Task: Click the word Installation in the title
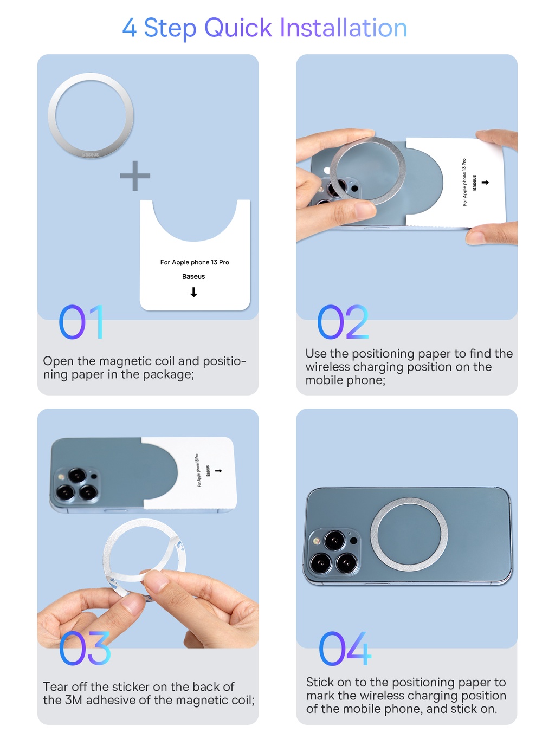(x=343, y=28)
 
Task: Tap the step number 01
(x=81, y=322)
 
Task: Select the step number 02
(x=343, y=322)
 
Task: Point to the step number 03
(x=85, y=649)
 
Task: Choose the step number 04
(x=345, y=649)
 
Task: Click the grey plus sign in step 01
(x=135, y=176)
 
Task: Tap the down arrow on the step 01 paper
(x=193, y=293)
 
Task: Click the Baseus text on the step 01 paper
(x=193, y=277)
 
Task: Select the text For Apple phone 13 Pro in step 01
(x=195, y=262)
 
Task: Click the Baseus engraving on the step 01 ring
(x=91, y=155)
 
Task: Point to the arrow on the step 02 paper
(x=485, y=183)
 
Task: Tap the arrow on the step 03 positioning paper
(x=218, y=471)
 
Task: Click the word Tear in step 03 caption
(x=55, y=687)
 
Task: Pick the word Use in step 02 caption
(x=316, y=354)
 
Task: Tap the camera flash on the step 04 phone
(x=315, y=541)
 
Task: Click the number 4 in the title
(x=129, y=28)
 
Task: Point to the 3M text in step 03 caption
(x=73, y=701)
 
